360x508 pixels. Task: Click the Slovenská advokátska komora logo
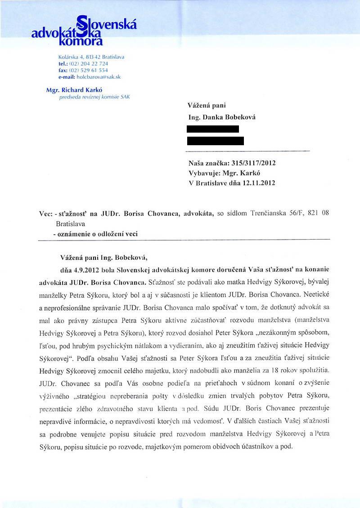(84, 31)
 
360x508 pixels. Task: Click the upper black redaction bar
(213, 129)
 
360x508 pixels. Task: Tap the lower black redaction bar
(216, 141)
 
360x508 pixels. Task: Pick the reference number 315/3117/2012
(254, 164)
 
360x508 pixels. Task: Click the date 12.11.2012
(258, 183)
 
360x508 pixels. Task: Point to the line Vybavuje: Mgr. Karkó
(225, 174)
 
